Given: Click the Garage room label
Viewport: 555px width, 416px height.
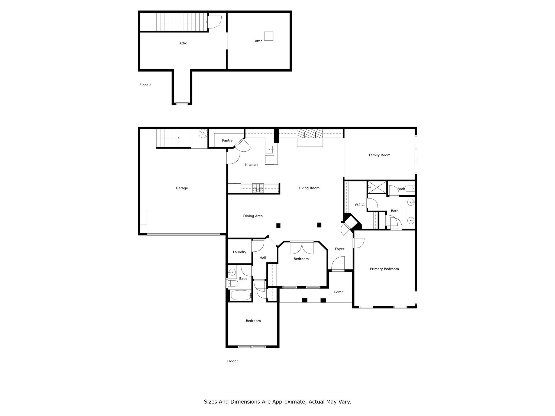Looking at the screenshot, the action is pyautogui.click(x=182, y=188).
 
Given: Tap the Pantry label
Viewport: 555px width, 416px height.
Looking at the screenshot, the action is pyautogui.click(x=227, y=141).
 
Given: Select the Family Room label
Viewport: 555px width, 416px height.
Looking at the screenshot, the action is pyautogui.click(x=379, y=155).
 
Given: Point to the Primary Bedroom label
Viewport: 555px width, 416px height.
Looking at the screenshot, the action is pyautogui.click(x=384, y=269).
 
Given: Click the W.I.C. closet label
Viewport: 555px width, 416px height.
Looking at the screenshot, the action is pyautogui.click(x=360, y=205).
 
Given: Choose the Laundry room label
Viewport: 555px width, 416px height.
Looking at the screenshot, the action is pyautogui.click(x=240, y=252).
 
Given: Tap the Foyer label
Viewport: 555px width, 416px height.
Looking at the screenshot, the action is pyautogui.click(x=340, y=249).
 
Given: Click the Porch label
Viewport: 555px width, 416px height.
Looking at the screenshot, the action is pyautogui.click(x=339, y=292).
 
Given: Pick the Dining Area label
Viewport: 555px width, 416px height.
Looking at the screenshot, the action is pyautogui.click(x=253, y=216).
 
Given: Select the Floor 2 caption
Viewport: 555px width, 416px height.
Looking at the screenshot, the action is pyautogui.click(x=145, y=85).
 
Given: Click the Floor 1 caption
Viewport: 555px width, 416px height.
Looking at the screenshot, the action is pyautogui.click(x=233, y=361).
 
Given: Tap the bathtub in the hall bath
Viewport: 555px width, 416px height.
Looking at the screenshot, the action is pyautogui.click(x=241, y=295).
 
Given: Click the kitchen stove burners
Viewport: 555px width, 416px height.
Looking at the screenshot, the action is pyautogui.click(x=258, y=188).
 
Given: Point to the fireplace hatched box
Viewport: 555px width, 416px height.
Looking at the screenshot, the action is pyautogui.click(x=310, y=134).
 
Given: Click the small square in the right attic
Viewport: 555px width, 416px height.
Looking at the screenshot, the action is pyautogui.click(x=269, y=36).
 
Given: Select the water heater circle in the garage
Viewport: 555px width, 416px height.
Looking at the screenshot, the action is pyautogui.click(x=203, y=133).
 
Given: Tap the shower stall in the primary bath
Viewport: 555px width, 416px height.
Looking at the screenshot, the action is pyautogui.click(x=377, y=188).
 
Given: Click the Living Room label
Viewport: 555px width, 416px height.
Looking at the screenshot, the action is pyautogui.click(x=309, y=188).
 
